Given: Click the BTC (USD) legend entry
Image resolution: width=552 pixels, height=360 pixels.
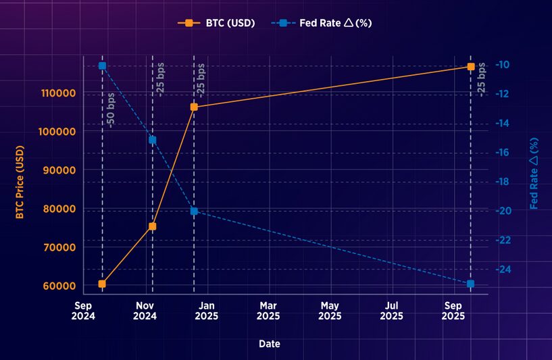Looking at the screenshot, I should pos(216,23).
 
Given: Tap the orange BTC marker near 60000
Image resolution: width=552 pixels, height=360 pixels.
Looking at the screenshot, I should pos(102,284).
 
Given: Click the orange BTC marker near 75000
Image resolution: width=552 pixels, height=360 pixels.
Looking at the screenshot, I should pos(153,226).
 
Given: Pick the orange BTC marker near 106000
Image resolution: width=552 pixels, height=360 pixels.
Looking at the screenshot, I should pos(194,107).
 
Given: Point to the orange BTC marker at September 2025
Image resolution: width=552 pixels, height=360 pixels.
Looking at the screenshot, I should pos(471,66).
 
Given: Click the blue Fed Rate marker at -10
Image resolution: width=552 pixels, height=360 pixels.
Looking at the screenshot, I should pos(102,66).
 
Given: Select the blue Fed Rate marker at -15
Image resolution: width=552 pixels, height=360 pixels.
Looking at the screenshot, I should pos(153,140).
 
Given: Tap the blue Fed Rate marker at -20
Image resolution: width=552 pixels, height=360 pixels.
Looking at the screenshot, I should pos(194,211).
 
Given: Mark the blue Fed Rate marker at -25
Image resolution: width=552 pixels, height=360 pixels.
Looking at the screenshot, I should pos(470,284).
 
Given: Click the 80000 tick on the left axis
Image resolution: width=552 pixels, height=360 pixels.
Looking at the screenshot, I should pos(59,209).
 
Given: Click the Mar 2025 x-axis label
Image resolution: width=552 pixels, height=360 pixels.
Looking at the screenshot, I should pos(268,311).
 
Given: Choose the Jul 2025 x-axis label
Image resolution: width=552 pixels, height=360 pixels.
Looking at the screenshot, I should pos(391,311).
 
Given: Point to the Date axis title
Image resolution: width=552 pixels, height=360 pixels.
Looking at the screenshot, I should pos(270,344).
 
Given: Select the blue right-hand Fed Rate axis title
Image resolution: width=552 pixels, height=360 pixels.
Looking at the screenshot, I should pos(534,174).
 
